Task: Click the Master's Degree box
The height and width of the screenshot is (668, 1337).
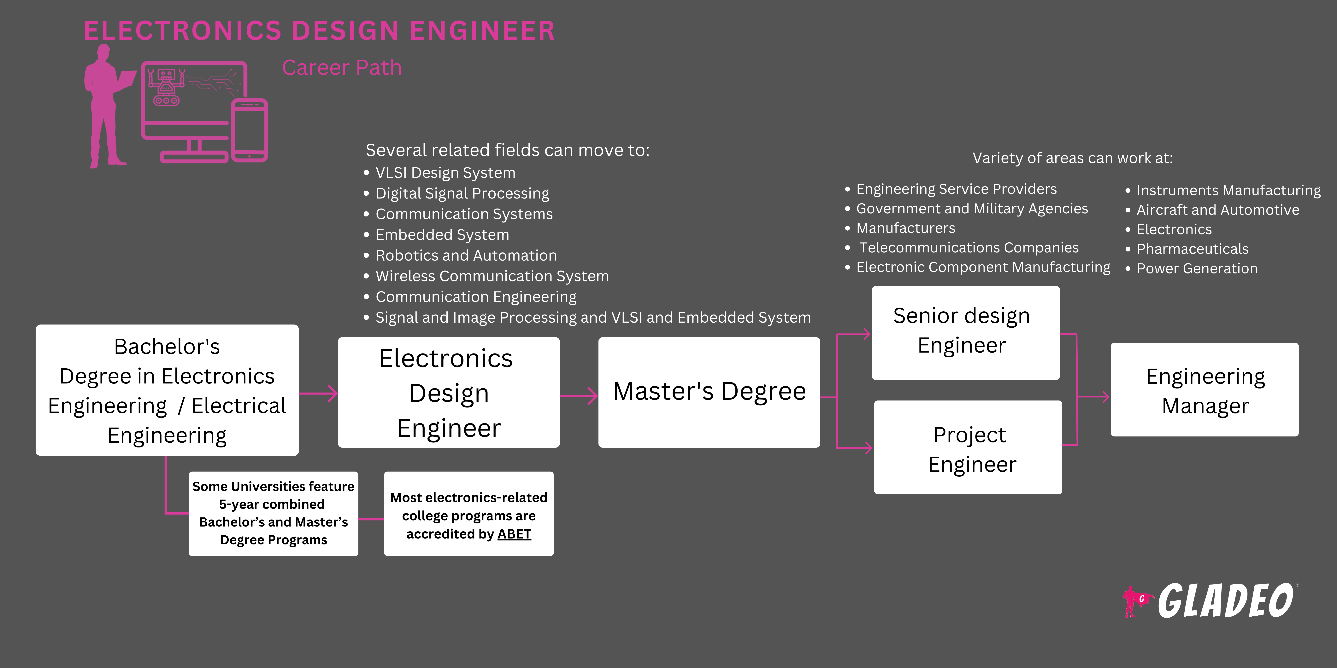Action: coord(709,392)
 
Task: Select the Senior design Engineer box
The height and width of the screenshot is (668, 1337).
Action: coord(965,332)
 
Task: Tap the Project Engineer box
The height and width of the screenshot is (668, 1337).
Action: coord(968,447)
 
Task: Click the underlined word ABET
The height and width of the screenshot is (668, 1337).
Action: coord(514,534)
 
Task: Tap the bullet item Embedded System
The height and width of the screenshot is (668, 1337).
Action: coord(442,235)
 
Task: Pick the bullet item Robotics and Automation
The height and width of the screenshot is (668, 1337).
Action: coord(466,256)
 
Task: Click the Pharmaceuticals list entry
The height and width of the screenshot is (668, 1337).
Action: coord(1192,249)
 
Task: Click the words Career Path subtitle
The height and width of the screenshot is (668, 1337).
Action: coord(342,68)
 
